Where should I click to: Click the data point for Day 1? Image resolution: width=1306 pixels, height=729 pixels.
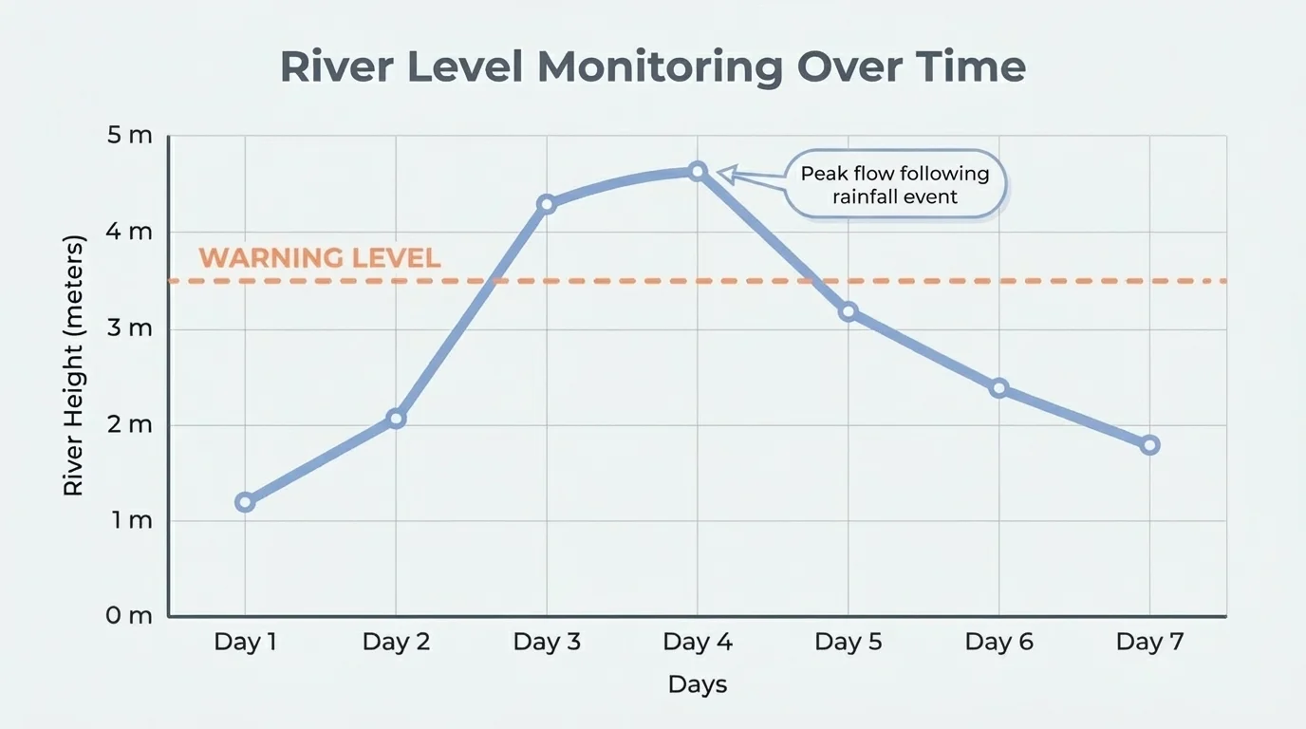(x=245, y=502)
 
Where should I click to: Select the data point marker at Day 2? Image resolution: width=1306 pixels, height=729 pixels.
(x=396, y=419)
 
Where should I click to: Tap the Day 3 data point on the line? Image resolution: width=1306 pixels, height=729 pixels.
(x=547, y=204)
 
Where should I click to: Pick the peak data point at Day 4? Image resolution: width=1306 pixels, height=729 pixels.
(x=698, y=172)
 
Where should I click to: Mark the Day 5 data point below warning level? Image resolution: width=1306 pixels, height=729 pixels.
(x=849, y=311)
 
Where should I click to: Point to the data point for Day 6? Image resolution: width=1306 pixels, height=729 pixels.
(x=998, y=388)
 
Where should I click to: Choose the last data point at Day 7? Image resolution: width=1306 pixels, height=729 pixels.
(x=1149, y=445)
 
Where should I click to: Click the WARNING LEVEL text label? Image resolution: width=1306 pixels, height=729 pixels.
(x=320, y=258)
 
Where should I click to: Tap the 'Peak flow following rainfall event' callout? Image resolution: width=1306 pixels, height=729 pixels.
(x=895, y=184)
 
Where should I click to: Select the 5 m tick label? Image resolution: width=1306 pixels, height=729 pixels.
(x=129, y=136)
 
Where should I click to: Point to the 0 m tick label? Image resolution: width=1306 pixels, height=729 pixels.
(x=129, y=616)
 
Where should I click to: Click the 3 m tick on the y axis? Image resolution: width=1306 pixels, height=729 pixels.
(x=129, y=328)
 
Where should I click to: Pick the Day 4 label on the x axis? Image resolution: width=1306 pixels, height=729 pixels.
(x=698, y=643)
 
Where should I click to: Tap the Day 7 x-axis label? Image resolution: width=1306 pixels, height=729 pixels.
(x=1149, y=643)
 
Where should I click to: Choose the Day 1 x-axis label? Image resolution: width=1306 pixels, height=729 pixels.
(x=245, y=643)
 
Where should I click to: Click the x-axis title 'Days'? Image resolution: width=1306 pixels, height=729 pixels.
(x=698, y=684)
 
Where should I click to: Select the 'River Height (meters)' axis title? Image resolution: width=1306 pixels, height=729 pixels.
(x=74, y=365)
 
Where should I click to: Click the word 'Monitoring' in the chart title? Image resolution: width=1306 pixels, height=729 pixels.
(x=660, y=68)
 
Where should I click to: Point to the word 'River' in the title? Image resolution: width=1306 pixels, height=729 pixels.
(x=345, y=68)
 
